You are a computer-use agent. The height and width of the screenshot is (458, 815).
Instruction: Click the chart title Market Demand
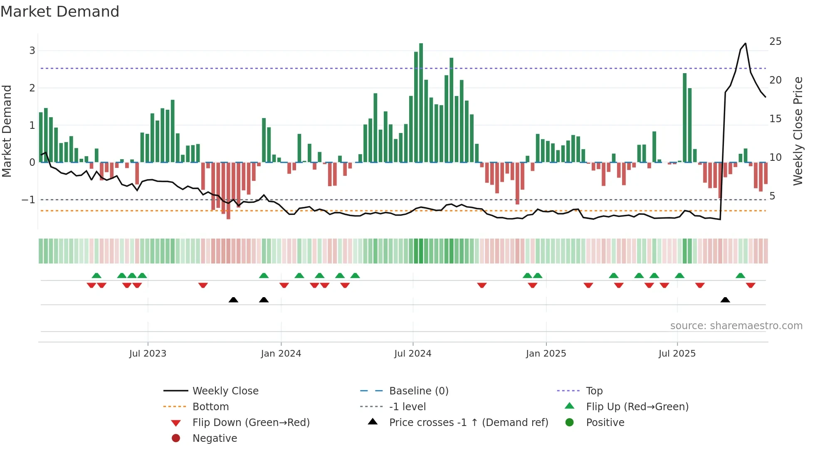60,12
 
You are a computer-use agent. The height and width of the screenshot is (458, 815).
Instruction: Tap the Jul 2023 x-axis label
148,354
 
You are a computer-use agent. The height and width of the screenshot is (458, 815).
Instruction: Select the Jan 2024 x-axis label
281,354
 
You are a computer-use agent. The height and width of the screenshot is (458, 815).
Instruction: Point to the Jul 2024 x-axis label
412,354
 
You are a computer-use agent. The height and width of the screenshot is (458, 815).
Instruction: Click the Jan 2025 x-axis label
546,354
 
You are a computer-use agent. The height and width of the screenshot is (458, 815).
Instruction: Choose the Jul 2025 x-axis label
677,354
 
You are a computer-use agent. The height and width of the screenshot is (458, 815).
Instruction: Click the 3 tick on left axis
32,51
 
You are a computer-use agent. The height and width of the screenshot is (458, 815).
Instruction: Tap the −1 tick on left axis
28,200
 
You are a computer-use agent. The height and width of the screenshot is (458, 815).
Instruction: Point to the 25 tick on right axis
775,42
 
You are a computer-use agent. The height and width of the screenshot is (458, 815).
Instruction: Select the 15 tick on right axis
775,119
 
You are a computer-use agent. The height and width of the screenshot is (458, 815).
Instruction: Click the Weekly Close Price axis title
798,131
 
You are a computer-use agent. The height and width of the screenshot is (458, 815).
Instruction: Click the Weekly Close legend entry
225,391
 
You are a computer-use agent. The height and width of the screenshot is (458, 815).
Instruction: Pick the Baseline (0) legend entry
418,391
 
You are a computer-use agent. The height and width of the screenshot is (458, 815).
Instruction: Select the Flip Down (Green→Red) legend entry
251,423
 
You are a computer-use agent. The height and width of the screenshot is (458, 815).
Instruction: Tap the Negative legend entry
215,438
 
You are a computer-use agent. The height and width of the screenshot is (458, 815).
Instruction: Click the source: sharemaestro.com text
736,326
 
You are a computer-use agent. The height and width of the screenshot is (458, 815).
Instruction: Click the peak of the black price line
745,43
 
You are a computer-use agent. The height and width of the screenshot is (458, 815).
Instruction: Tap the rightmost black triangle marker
725,300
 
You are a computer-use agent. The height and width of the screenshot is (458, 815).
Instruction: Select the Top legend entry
594,391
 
